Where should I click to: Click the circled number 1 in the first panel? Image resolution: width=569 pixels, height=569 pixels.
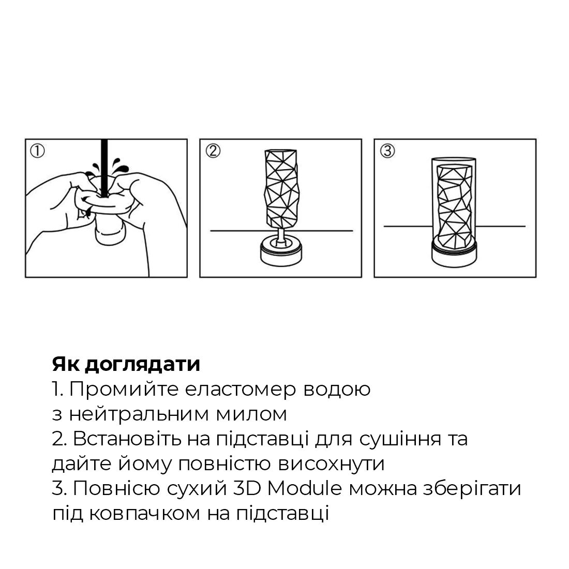click(38, 151)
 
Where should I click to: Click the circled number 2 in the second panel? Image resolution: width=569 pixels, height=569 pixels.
click(213, 151)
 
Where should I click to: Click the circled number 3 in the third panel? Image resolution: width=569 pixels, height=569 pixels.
click(387, 151)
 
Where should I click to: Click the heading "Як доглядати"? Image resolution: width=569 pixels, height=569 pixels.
click(126, 364)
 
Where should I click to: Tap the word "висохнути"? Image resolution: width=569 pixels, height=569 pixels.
click(332, 463)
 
